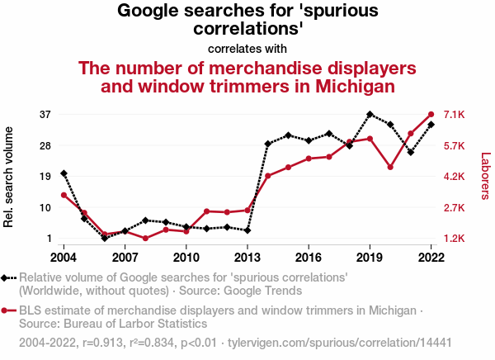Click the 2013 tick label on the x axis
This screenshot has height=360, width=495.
click(247, 256)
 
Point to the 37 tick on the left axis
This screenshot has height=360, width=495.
click(45, 114)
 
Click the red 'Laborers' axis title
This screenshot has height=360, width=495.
click(485, 176)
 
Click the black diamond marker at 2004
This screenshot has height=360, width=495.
click(64, 173)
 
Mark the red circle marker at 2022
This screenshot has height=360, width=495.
click(431, 114)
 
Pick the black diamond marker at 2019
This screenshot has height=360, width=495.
click(370, 114)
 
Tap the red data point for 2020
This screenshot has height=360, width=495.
click(390, 167)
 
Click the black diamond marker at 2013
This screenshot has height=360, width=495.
click(247, 230)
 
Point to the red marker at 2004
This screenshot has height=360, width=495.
click(64, 195)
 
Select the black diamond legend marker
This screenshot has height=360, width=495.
click(6, 278)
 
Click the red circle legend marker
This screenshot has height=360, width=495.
click(6, 310)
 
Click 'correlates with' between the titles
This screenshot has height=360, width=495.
click(247, 49)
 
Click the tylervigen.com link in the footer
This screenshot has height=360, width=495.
click(339, 342)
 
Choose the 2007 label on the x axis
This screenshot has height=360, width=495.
click(125, 256)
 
